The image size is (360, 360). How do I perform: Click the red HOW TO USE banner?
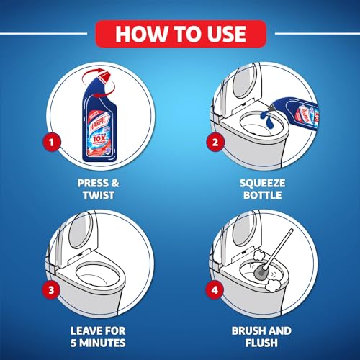pos(180,32)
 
